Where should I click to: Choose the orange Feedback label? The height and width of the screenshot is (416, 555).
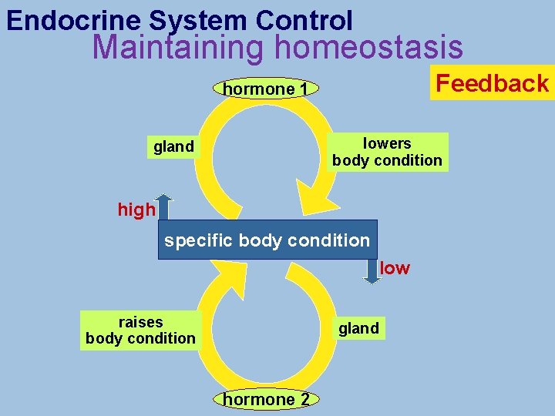(x=493, y=83)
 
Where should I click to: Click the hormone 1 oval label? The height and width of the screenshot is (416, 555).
(x=266, y=89)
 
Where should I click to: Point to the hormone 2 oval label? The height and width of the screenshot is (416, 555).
(x=266, y=399)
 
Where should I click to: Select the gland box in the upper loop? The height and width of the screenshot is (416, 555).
(x=173, y=146)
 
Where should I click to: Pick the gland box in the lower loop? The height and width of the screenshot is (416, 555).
(x=358, y=328)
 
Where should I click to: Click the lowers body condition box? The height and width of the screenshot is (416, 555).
(x=387, y=152)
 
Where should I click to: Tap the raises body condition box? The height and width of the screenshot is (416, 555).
(x=140, y=330)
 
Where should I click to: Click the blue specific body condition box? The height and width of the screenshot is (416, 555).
(x=267, y=240)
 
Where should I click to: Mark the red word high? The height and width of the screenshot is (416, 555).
(x=136, y=210)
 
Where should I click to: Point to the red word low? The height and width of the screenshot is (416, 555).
(x=395, y=268)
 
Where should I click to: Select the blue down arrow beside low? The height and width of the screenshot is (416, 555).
(x=372, y=271)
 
